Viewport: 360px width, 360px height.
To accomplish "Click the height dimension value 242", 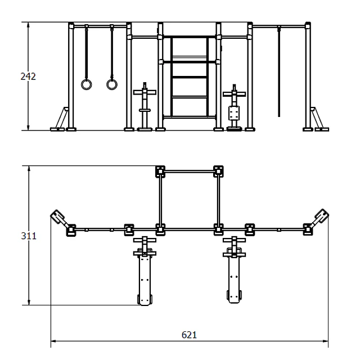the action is pyautogui.click(x=28, y=76).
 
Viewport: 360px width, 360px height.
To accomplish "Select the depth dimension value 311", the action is pyautogui.click(x=29, y=236).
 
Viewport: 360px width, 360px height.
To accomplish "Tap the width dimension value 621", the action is pyautogui.click(x=189, y=335).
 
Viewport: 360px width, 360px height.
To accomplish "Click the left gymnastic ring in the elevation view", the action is pyautogui.click(x=87, y=84).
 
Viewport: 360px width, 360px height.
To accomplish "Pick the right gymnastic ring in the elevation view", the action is pyautogui.click(x=112, y=84).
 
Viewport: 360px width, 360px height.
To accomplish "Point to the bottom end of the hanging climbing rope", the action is pyautogui.click(x=279, y=116).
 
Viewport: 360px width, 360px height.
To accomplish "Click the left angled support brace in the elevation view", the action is pyautogui.click(x=59, y=119).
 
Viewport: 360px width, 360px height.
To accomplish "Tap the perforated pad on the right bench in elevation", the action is pyautogui.click(x=234, y=112).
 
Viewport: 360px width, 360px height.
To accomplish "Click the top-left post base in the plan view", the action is pyautogui.click(x=160, y=171).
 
